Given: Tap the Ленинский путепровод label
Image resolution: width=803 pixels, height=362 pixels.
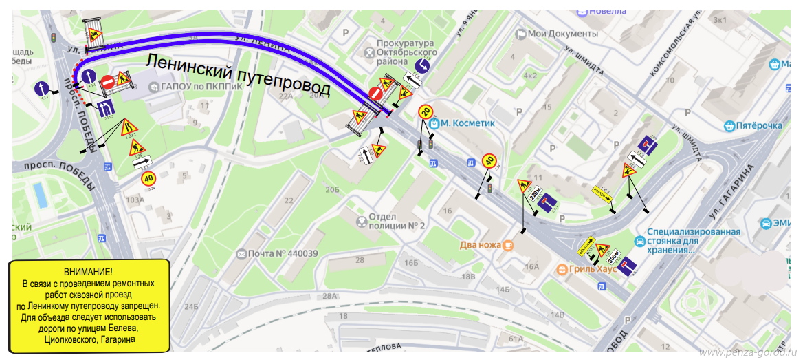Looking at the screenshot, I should click(238, 74).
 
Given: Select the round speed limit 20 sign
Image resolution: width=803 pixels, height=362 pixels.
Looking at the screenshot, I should click(426, 112).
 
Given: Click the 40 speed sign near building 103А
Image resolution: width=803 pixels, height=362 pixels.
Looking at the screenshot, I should click(148, 178).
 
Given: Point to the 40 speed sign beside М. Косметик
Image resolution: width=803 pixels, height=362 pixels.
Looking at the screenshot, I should click(489, 161).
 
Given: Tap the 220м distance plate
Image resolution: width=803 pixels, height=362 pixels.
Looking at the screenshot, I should click(536, 197).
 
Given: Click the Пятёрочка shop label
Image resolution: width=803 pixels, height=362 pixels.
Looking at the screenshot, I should click(759, 126).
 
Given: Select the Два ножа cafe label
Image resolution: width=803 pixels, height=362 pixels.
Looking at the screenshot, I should click(481, 244).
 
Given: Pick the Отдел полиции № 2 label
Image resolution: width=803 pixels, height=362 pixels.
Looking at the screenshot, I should click(397, 221).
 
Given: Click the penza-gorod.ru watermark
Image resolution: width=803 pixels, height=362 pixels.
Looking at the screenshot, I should click(747, 353).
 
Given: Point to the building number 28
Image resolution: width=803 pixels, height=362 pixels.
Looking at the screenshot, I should click(360, 260).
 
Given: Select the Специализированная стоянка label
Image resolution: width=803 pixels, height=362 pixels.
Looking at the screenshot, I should click(693, 241).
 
